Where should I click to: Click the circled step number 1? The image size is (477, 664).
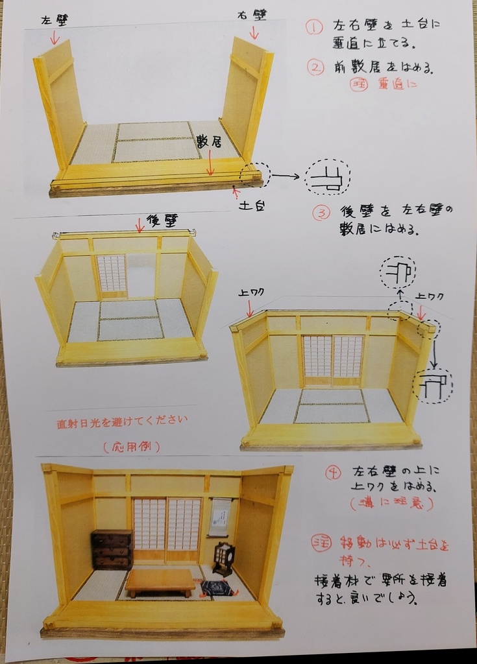click(314, 27)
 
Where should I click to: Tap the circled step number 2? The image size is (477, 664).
click(315, 67)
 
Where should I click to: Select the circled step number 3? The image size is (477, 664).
click(321, 213)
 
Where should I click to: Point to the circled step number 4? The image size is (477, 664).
click(333, 472)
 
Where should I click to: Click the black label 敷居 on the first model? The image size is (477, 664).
click(209, 142)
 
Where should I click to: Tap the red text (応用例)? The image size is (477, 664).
click(132, 446)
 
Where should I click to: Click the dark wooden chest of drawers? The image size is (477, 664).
click(112, 549)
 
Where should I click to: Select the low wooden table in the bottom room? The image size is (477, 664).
click(160, 580)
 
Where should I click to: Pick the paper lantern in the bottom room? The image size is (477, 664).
click(223, 558)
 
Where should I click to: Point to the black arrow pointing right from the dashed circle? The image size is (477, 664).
click(285, 175)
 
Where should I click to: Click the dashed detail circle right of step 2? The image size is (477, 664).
click(328, 177)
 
